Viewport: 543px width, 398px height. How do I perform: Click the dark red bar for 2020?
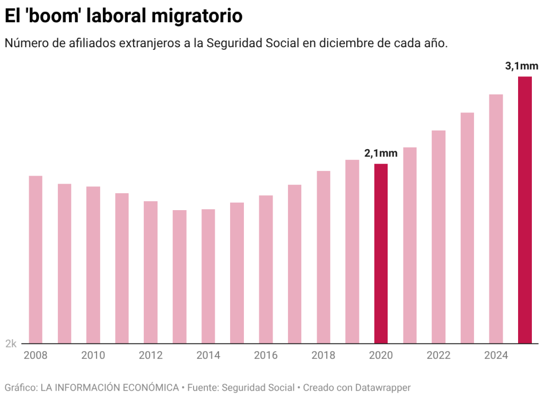(381, 254)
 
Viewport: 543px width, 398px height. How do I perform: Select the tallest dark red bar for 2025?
(524, 210)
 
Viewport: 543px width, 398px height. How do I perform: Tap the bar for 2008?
(36, 259)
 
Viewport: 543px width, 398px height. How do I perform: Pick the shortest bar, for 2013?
(179, 276)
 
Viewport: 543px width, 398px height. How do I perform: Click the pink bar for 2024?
(496, 219)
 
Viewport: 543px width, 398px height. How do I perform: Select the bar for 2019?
(352, 252)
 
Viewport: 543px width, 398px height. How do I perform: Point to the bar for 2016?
(266, 269)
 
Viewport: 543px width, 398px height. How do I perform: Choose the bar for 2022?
(439, 237)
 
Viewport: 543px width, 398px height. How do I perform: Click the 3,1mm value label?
(521, 67)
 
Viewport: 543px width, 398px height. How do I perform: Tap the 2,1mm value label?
(380, 153)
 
